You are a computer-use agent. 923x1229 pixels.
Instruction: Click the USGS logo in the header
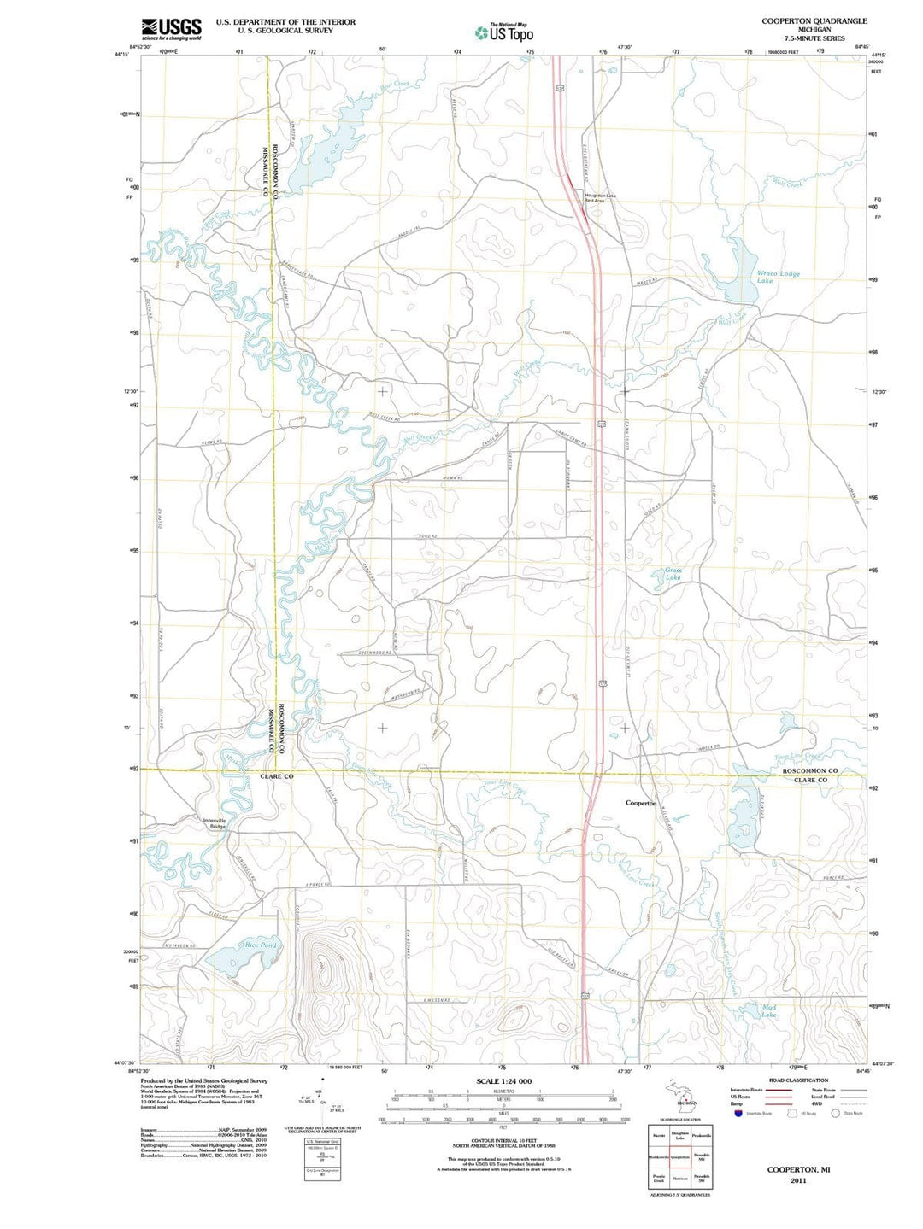(172, 29)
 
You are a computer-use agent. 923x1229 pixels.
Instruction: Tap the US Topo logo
(504, 33)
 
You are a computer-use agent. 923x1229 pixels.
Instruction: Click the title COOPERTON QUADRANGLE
(814, 20)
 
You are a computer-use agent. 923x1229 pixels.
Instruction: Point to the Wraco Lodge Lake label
(778, 277)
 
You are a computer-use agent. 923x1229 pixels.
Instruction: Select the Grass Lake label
(673, 574)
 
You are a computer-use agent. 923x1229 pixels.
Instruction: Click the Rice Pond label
(261, 945)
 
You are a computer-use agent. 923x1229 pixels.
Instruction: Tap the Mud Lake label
(769, 1010)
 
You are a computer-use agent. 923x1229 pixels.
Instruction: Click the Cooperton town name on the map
(641, 803)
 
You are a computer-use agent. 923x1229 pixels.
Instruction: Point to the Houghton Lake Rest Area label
(600, 198)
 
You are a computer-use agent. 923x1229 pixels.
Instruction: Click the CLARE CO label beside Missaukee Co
(276, 776)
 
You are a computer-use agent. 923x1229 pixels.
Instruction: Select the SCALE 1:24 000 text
(503, 1081)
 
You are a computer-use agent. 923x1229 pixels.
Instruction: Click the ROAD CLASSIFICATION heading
(798, 1080)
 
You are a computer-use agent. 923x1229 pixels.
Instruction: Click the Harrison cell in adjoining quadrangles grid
(680, 1179)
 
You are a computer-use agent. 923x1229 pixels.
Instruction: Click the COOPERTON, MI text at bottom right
(798, 1169)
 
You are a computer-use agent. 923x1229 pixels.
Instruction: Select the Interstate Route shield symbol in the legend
(738, 1113)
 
